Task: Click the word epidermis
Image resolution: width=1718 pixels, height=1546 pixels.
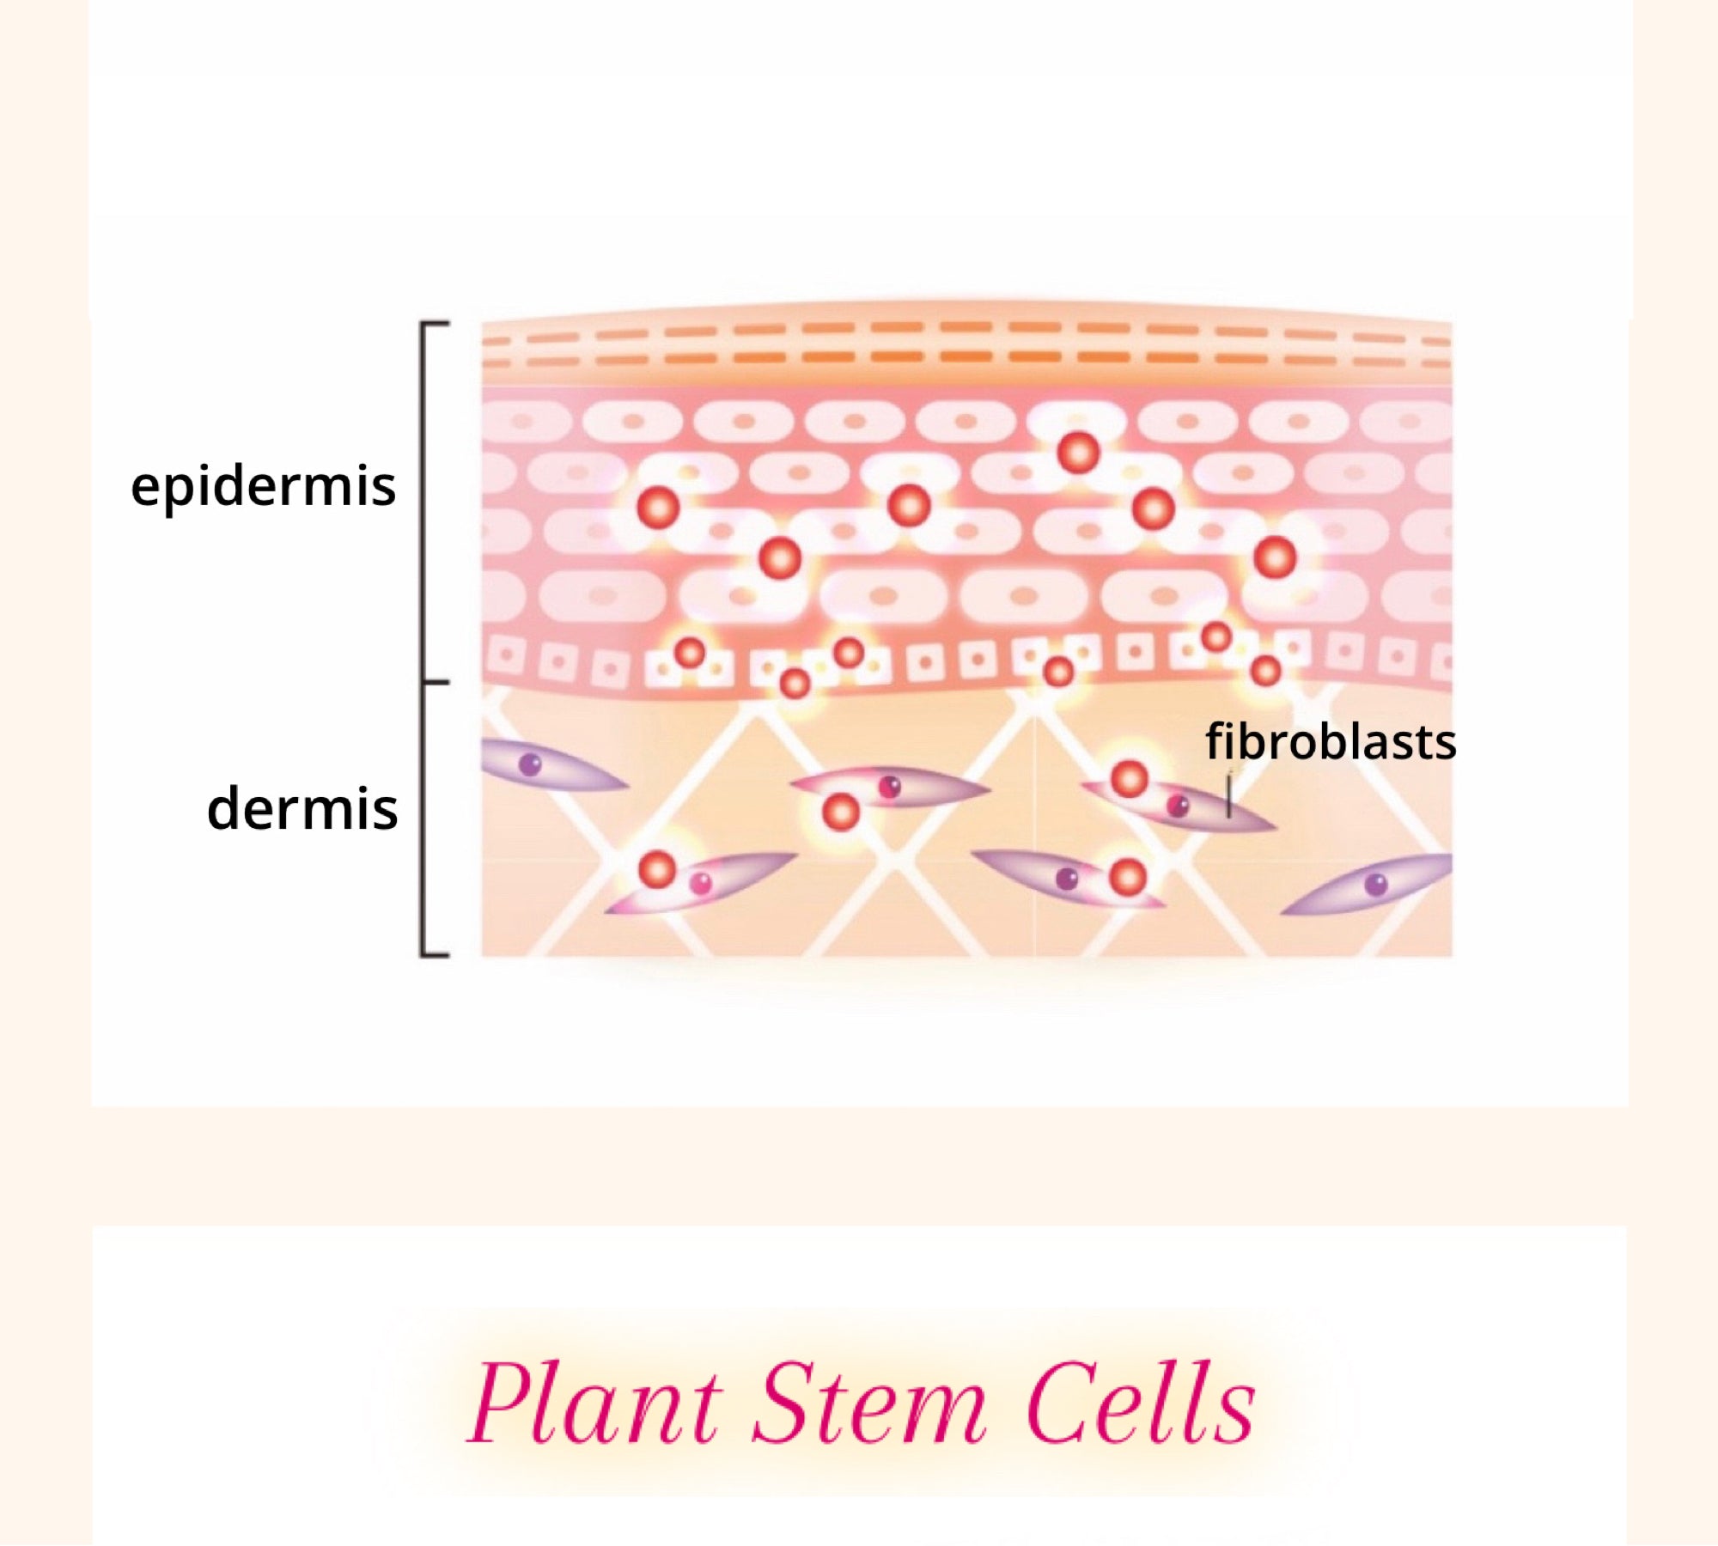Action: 263,487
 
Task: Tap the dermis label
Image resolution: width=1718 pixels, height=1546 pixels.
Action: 302,809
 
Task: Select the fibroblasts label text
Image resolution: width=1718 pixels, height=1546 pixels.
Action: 1331,741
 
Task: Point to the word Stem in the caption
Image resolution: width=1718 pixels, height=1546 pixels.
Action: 869,1405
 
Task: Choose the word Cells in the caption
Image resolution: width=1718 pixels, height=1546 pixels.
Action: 1141,1405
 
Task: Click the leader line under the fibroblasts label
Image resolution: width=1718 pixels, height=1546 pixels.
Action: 1229,794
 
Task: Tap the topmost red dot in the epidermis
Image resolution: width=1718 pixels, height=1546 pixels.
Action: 1079,452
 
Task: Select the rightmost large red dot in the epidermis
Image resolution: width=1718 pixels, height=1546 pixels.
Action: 1275,558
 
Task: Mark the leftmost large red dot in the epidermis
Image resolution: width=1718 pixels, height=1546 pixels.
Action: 658,507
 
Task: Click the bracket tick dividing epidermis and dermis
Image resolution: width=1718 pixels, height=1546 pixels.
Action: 436,683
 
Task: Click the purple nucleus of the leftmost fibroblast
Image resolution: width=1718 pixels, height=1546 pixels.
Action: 531,764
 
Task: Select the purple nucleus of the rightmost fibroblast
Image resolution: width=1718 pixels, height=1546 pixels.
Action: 1376,885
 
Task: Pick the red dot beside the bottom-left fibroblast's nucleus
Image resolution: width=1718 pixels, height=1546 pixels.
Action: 658,870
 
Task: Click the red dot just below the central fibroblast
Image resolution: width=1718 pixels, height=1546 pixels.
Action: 841,812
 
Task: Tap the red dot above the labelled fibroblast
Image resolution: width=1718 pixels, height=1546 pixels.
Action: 1129,779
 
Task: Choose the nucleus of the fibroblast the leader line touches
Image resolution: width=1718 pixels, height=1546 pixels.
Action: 1179,806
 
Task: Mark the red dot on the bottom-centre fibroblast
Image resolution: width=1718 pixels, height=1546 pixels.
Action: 1127,877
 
